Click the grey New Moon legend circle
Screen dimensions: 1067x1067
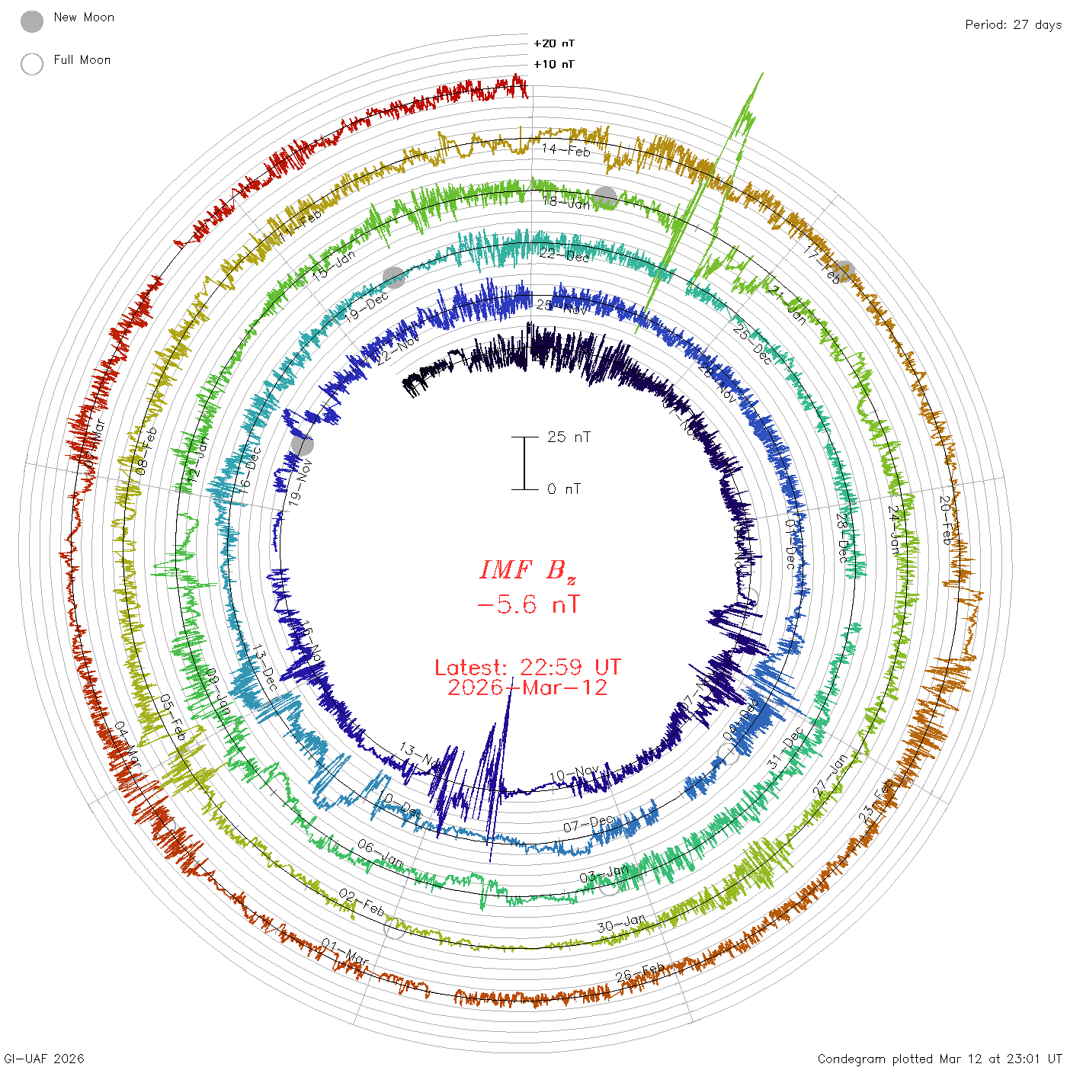coord(32,22)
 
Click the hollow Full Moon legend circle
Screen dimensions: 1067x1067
coord(32,64)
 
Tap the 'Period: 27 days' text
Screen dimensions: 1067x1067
coord(1013,24)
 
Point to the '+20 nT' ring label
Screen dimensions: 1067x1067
coord(554,43)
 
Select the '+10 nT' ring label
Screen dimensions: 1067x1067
coord(554,64)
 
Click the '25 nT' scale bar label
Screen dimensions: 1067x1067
coord(569,437)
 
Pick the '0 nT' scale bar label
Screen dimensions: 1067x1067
coord(564,489)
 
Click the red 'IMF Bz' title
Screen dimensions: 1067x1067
coord(527,570)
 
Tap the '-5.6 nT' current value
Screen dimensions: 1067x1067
coord(527,605)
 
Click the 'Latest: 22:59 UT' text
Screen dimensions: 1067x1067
coord(527,668)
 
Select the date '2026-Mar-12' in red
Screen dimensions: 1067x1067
coord(527,687)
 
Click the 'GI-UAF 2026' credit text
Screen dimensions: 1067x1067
coord(44,1059)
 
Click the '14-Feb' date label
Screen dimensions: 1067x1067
coord(566,150)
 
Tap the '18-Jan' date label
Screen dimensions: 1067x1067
coord(566,202)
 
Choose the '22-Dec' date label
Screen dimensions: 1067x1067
coord(564,255)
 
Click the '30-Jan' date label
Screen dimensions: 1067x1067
coord(621,924)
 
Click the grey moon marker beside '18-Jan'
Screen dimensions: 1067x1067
coord(606,197)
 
